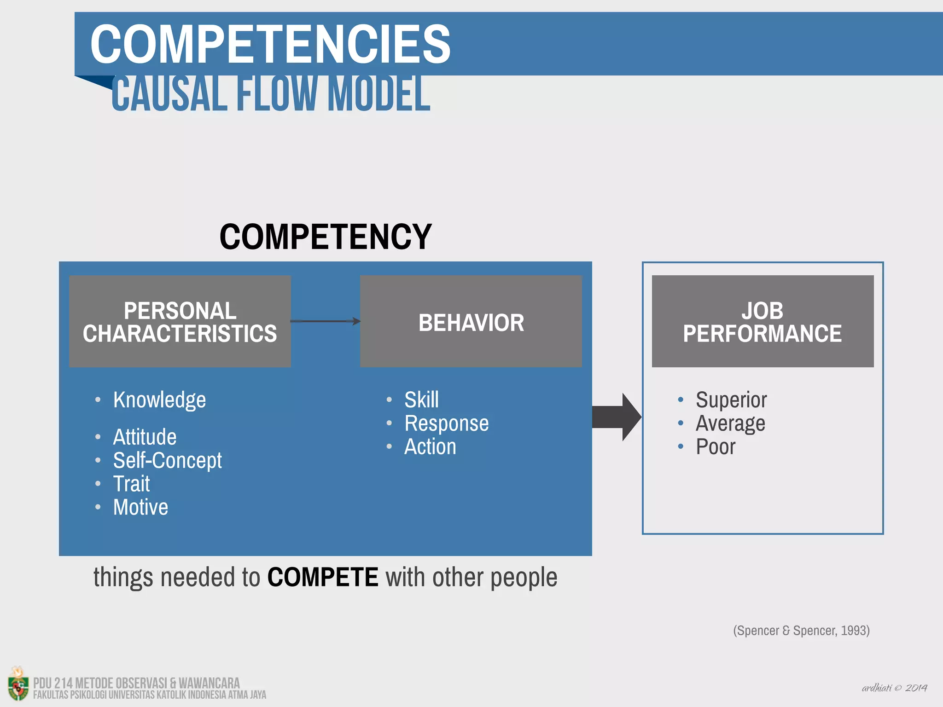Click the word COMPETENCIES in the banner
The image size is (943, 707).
(x=270, y=45)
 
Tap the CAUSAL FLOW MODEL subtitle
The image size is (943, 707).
(x=271, y=94)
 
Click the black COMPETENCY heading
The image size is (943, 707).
(x=325, y=237)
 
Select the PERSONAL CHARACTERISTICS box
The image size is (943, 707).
(x=180, y=321)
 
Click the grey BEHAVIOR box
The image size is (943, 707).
(x=471, y=321)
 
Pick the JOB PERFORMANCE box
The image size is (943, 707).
(x=763, y=321)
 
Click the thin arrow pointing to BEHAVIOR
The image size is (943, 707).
(x=325, y=321)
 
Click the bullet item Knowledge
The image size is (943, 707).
(x=159, y=400)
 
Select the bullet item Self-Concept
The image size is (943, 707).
(x=167, y=460)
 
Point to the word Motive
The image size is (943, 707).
(x=140, y=507)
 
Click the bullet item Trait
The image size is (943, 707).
(x=132, y=484)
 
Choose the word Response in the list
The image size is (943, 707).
(x=446, y=423)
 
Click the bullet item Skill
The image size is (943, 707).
(x=421, y=400)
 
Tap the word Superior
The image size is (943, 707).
(x=731, y=400)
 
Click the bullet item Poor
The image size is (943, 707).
(x=715, y=446)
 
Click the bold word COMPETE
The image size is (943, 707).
(x=322, y=577)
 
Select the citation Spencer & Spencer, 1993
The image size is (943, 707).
(x=801, y=631)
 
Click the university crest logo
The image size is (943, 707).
(x=17, y=684)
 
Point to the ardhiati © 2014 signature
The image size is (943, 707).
(x=894, y=688)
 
